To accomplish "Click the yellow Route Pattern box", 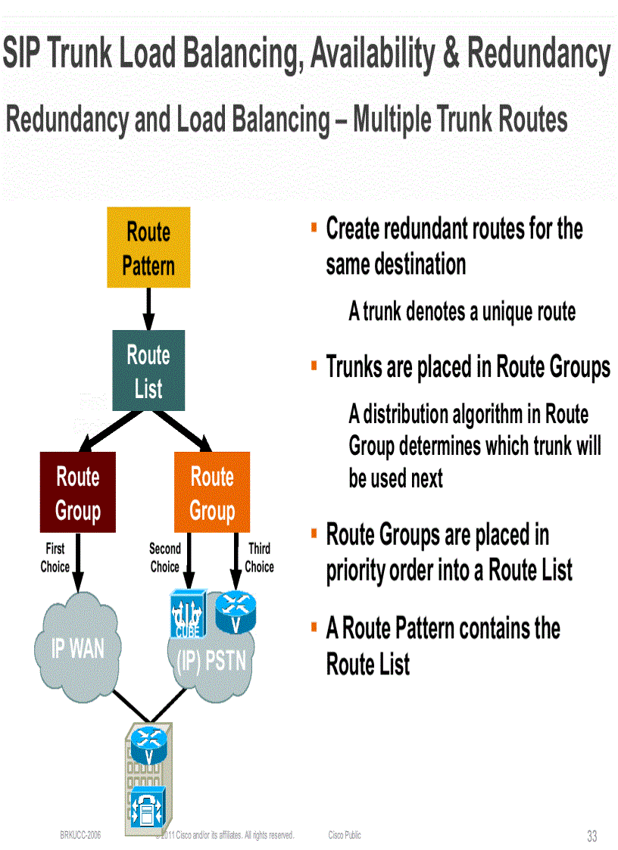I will click(148, 248).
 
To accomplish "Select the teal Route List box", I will click(148, 371).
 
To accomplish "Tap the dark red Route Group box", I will click(78, 492).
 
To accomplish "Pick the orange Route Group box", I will click(212, 492).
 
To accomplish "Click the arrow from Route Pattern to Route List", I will click(148, 308).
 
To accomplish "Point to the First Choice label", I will click(55, 557).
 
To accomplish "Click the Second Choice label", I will click(164, 557).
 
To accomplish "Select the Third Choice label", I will click(259, 557).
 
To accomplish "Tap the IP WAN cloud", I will click(78, 648).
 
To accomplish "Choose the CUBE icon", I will click(184, 615).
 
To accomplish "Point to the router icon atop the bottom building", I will click(149, 744).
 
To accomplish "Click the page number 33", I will click(591, 836).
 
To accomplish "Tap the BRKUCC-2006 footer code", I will click(80, 835).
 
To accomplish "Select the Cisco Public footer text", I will click(345, 835).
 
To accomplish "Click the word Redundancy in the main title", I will click(539, 54).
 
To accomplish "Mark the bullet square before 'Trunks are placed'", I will click(314, 366).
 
